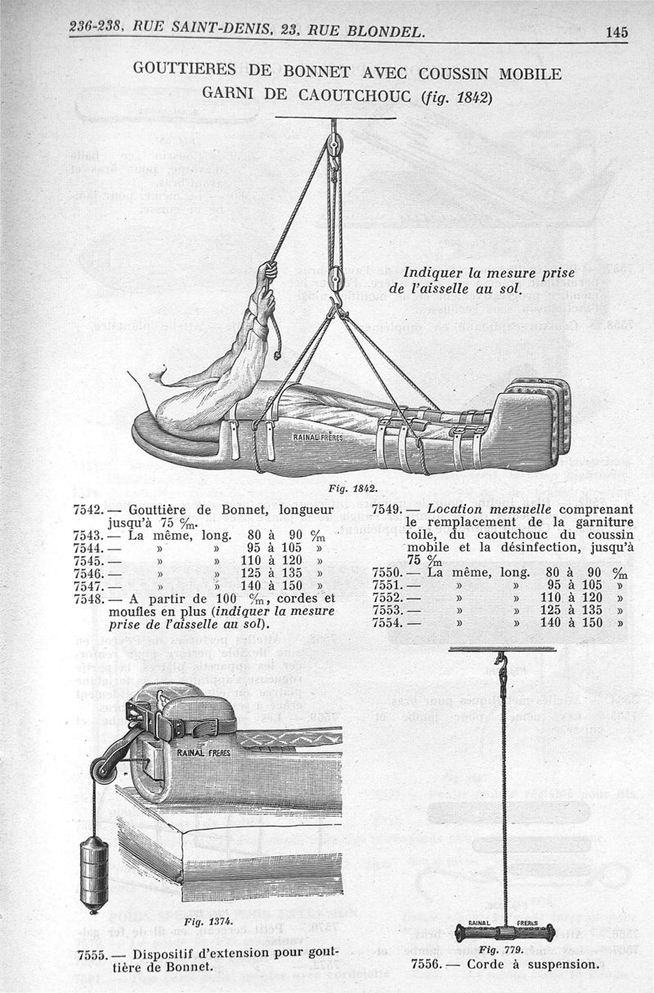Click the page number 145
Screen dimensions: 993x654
616,33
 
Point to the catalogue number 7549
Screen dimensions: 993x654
386,510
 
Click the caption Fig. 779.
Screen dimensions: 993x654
499,950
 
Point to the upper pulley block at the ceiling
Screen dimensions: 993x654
333,149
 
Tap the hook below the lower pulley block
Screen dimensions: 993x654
333,307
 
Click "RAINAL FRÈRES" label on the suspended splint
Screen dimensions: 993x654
319,437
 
